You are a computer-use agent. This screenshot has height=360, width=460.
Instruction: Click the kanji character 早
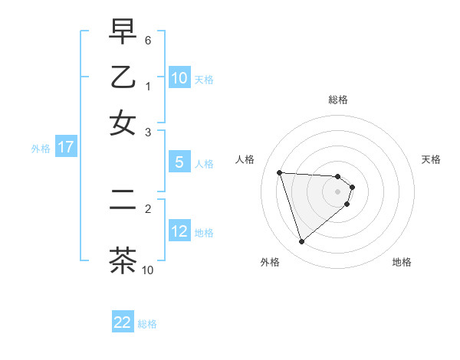point(123,32)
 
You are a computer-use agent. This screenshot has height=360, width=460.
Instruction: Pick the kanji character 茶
point(123,260)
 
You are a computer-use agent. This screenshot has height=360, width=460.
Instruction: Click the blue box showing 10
point(179,78)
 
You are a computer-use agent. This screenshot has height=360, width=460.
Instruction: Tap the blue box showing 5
point(179,162)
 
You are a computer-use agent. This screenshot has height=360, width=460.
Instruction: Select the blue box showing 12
point(179,232)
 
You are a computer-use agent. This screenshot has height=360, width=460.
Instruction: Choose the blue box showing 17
point(66,148)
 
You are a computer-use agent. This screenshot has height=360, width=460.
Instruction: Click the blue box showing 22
point(123,322)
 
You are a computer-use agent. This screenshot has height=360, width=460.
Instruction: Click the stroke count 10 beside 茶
point(148,270)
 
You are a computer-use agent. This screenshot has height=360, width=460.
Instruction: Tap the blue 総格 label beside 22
point(147,324)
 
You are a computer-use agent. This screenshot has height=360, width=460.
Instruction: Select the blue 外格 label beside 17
point(41,149)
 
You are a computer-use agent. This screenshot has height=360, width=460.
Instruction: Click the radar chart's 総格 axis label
point(337,100)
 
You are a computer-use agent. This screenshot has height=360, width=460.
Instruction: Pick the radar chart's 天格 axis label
point(431,159)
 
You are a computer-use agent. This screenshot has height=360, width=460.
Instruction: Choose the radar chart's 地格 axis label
point(402,262)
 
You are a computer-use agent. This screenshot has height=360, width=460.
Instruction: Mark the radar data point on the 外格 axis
point(301,242)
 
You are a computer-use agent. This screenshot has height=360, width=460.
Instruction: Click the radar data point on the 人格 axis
point(280,172)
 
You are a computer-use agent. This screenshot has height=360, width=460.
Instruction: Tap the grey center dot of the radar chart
point(337,191)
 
